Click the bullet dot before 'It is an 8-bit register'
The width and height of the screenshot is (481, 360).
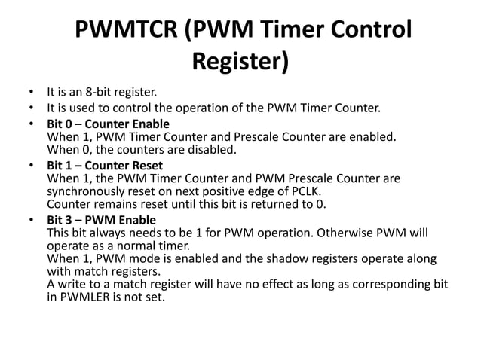32,93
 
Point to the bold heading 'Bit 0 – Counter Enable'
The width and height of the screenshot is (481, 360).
108,124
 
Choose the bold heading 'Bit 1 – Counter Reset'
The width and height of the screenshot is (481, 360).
105,165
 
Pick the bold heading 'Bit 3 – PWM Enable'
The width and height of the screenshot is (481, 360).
101,219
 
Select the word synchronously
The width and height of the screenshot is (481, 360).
83,191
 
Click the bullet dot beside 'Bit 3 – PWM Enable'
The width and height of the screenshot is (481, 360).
32,219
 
